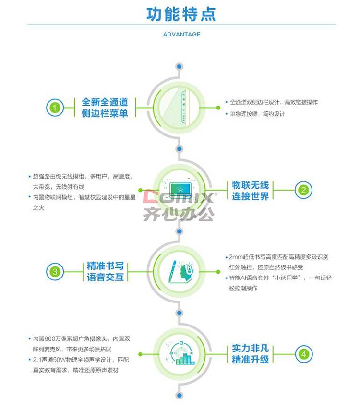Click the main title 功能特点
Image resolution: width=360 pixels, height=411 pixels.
point(181,14)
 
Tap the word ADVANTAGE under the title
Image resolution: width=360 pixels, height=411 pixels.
point(181,35)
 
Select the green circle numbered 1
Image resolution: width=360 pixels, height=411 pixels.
point(55,108)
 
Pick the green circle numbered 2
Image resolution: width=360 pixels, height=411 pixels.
point(303,190)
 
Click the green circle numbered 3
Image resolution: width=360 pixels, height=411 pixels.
point(55,272)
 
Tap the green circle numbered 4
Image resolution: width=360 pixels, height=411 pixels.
point(304,354)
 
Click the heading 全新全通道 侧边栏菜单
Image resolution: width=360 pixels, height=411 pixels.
point(105,108)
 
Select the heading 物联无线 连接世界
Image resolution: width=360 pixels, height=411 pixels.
point(250,191)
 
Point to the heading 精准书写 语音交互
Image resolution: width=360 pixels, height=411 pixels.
point(105,272)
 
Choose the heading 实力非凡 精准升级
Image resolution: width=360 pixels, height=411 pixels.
point(250,354)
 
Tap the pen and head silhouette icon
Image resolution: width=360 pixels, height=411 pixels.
point(180,272)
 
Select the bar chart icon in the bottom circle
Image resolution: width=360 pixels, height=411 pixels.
point(185,359)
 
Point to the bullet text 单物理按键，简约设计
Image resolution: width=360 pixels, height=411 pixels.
point(257,114)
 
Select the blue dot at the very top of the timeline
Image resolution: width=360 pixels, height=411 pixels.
point(179,67)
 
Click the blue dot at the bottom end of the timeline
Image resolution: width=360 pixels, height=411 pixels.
point(179,395)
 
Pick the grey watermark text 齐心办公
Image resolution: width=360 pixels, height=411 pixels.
point(179,214)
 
